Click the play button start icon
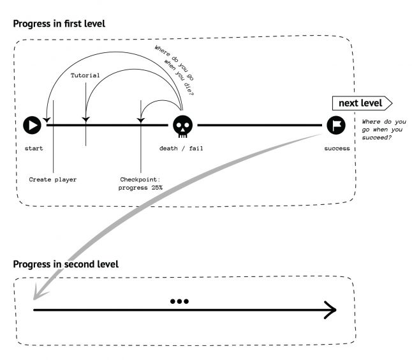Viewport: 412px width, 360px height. click(x=32, y=126)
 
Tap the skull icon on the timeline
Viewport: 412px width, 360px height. click(x=182, y=126)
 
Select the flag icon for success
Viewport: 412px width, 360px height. click(x=336, y=126)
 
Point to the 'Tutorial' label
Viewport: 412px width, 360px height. click(x=85, y=75)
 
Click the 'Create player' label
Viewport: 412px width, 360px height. click(x=53, y=179)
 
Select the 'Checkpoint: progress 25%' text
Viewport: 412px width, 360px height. click(x=141, y=183)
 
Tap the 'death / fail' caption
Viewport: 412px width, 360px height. click(x=181, y=149)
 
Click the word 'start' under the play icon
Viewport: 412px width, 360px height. click(x=34, y=149)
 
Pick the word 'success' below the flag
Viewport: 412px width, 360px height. click(x=337, y=149)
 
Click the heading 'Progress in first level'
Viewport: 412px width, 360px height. click(x=59, y=24)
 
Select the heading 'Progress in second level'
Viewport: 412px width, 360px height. click(x=65, y=264)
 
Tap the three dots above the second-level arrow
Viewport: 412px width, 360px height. click(x=179, y=301)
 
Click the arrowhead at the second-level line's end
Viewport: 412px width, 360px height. click(x=330, y=311)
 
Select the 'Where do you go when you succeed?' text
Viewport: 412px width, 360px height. click(x=383, y=130)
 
